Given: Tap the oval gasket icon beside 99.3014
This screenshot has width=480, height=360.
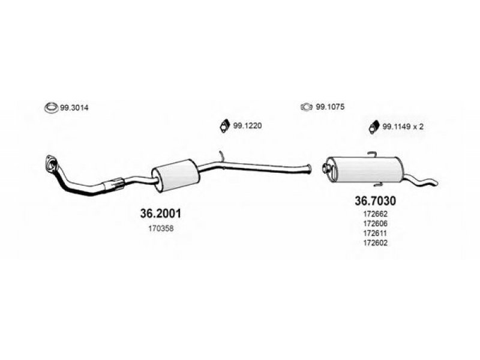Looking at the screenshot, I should [x=50, y=109].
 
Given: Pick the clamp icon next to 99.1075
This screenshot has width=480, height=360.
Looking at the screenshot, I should [x=306, y=107].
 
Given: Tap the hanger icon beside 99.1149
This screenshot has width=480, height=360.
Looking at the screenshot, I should [x=373, y=125].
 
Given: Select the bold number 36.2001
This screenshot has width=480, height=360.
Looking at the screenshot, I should [x=160, y=213].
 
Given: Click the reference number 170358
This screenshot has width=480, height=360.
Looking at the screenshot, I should [x=160, y=229].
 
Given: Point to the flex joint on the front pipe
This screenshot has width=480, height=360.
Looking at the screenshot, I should [x=115, y=184].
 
